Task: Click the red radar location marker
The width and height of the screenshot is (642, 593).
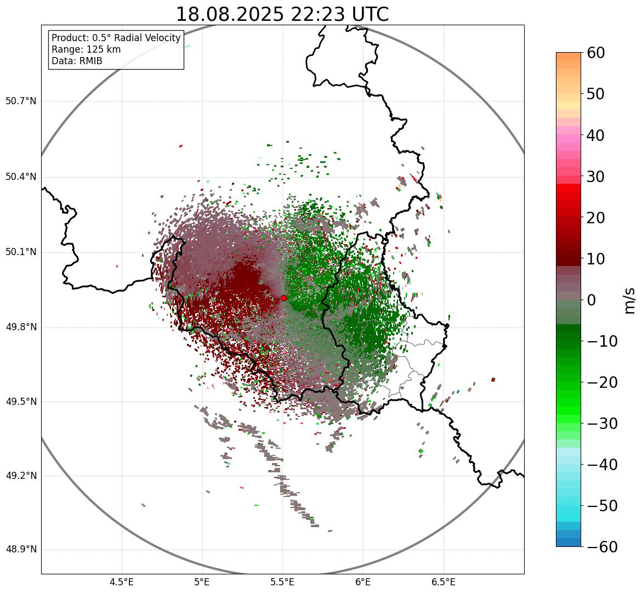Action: click(x=283, y=298)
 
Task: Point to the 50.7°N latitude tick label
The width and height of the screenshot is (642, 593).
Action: click(x=21, y=101)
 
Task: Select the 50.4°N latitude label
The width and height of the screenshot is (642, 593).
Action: click(x=21, y=177)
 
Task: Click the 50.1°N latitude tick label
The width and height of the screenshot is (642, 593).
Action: click(x=21, y=252)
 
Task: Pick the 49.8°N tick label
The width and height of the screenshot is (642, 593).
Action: click(x=21, y=327)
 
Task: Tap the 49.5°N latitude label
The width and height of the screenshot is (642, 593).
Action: click(x=21, y=402)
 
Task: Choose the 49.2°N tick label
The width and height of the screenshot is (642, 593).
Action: click(x=21, y=476)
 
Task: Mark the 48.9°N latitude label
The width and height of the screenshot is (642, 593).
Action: click(x=21, y=550)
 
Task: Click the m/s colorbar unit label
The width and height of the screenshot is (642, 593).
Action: click(x=629, y=300)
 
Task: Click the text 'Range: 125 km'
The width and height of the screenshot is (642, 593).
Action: click(x=86, y=49)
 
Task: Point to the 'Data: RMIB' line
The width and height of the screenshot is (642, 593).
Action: click(x=77, y=61)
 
